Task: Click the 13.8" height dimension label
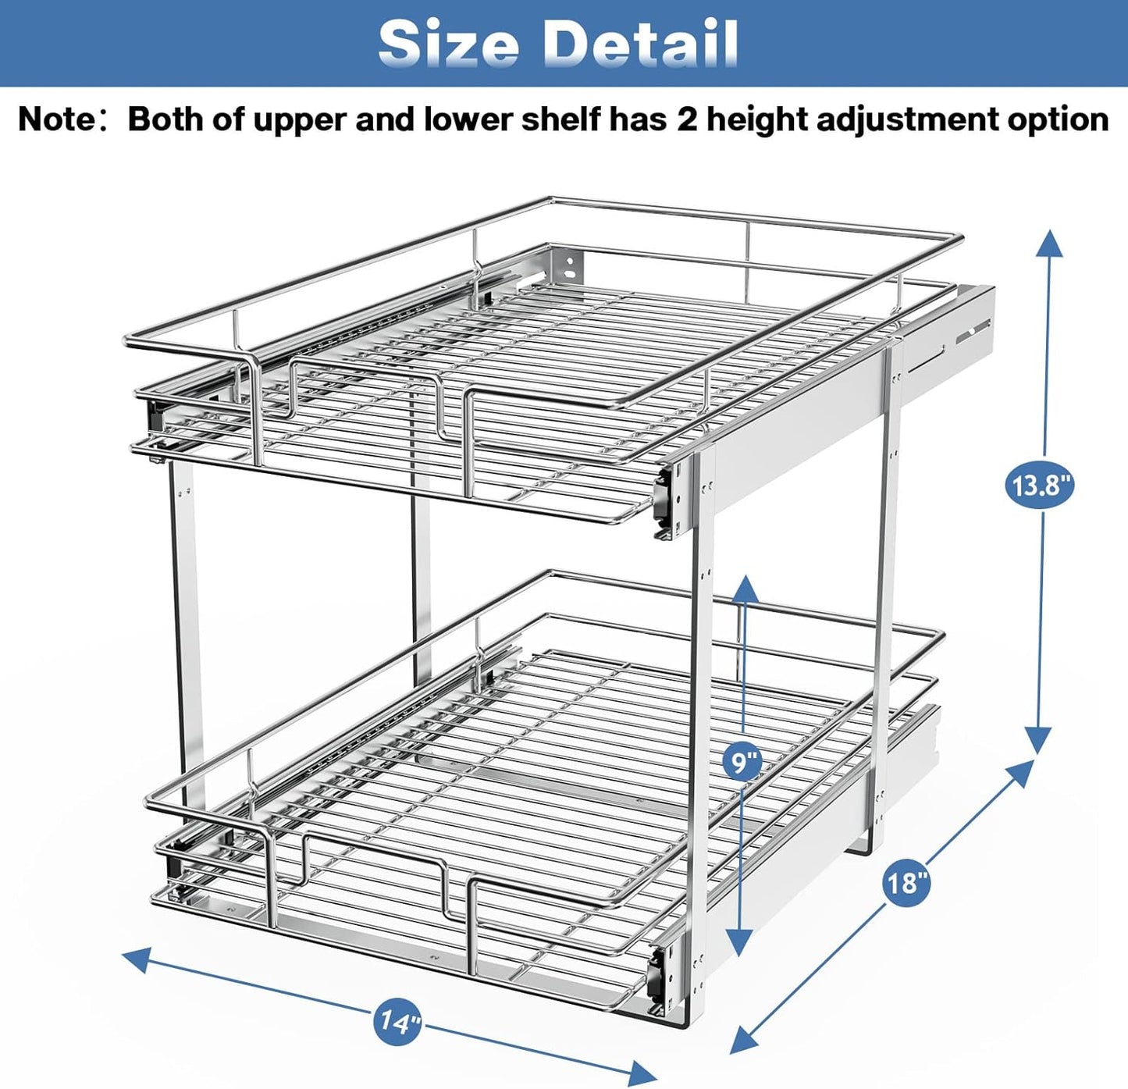1038,486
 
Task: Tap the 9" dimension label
742,760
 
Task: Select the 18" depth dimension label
906,882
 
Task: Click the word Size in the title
448,43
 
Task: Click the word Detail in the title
640,43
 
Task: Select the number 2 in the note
687,119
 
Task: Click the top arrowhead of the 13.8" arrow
1049,242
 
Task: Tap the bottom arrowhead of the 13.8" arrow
1037,742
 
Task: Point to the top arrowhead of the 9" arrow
745,587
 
